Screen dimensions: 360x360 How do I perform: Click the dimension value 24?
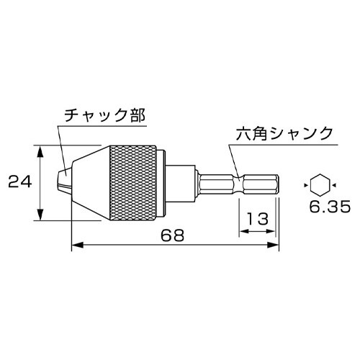[x=19, y=183]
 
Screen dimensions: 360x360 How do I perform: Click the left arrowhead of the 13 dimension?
[x=243, y=232]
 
